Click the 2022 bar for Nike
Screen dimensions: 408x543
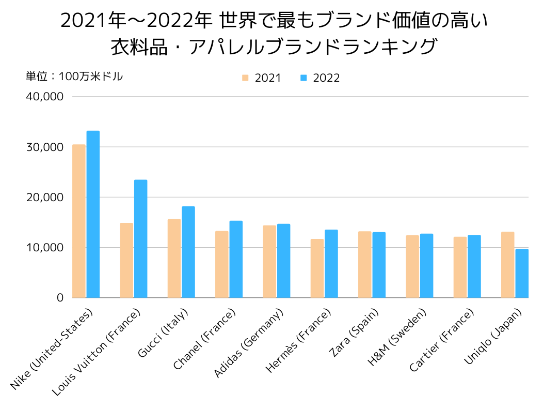93,214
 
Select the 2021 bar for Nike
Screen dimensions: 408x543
78,221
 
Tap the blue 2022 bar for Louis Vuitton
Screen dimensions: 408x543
140,238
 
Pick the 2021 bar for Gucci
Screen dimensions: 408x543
174,258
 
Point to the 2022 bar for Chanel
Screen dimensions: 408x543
236,259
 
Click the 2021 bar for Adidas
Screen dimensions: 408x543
269,261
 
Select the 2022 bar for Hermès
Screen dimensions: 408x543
331,264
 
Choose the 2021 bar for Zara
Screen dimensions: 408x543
365,264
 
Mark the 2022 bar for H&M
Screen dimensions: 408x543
426,266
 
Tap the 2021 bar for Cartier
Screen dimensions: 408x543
460,267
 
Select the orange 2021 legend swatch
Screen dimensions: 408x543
245,78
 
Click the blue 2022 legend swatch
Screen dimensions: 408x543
304,78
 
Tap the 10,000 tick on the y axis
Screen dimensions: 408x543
45,248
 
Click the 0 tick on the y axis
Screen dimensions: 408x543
60,298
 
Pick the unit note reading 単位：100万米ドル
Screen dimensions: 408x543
74,77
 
